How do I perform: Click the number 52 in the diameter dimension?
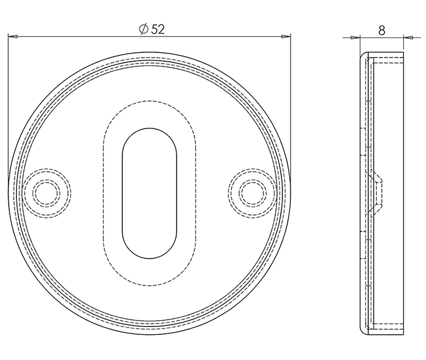pos(158,29)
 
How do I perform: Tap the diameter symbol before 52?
pos(143,29)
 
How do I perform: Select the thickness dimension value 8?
pos(382,30)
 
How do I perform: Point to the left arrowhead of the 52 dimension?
pos(13,37)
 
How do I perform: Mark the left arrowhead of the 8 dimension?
pos(356,37)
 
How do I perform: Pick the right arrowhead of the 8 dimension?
pos(408,37)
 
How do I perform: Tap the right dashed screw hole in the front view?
pos(252,192)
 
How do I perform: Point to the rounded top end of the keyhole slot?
pos(149,130)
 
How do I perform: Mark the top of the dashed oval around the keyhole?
pos(149,101)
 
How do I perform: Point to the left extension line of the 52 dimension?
pos(8,107)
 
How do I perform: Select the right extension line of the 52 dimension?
pos(291,107)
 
